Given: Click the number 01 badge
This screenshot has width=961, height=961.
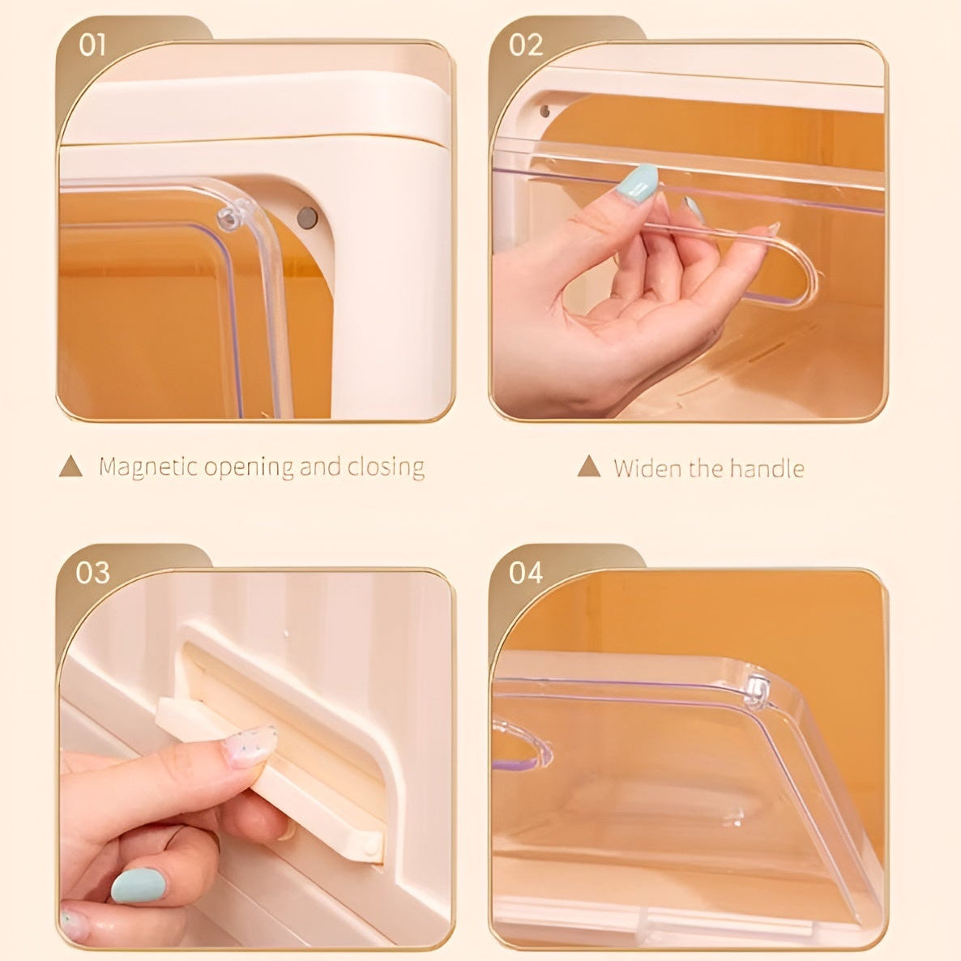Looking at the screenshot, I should click(x=92, y=45).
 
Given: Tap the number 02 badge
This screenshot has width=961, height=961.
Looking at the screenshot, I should click(x=525, y=45).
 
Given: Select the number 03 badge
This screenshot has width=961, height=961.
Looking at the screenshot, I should click(x=92, y=573).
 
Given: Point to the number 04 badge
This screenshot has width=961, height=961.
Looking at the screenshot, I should click(x=525, y=573).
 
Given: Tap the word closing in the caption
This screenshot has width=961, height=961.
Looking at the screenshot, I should click(x=386, y=468).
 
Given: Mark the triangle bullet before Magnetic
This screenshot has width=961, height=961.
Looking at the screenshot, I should click(x=71, y=467).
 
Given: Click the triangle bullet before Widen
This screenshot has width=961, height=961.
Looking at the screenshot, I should click(x=589, y=467).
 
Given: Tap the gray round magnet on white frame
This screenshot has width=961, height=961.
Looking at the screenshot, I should click(x=307, y=217).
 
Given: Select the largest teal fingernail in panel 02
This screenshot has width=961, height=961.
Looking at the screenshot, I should click(x=638, y=183).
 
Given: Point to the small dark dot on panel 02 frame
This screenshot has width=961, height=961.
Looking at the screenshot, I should click(x=545, y=111).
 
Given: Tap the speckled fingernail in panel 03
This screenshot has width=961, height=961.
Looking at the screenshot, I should click(x=250, y=746).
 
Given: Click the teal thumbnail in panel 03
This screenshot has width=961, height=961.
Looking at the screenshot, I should click(x=138, y=886).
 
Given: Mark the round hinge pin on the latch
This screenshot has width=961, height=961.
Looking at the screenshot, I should click(x=370, y=847).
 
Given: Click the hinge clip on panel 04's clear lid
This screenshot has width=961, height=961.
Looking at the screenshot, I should click(x=757, y=690).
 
